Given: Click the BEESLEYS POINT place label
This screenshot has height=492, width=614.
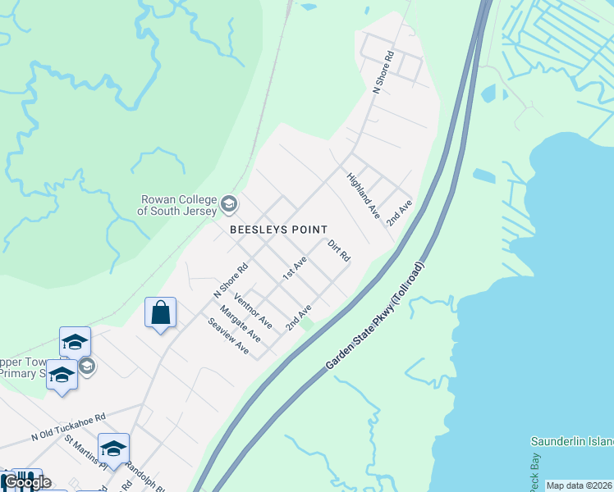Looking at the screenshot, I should coord(278,230).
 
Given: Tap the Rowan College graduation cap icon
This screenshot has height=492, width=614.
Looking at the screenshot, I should coord(229,204).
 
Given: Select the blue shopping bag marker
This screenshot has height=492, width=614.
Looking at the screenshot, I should coord(160,313).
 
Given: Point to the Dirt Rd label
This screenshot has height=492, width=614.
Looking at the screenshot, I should coord(339,251).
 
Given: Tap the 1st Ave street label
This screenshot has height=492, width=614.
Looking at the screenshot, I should coord(294,268).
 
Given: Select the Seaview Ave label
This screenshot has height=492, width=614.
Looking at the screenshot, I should coord(228,337).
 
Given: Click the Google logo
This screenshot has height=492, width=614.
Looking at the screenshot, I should coord(26,482).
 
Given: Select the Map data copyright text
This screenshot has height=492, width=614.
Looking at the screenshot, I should coord(579,485).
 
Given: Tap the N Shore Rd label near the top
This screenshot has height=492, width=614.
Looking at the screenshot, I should coord(383,72).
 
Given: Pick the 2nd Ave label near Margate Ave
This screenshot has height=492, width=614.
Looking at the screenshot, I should coord(299,318).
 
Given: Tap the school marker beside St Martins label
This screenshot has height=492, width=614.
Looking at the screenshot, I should coord(113,449).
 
